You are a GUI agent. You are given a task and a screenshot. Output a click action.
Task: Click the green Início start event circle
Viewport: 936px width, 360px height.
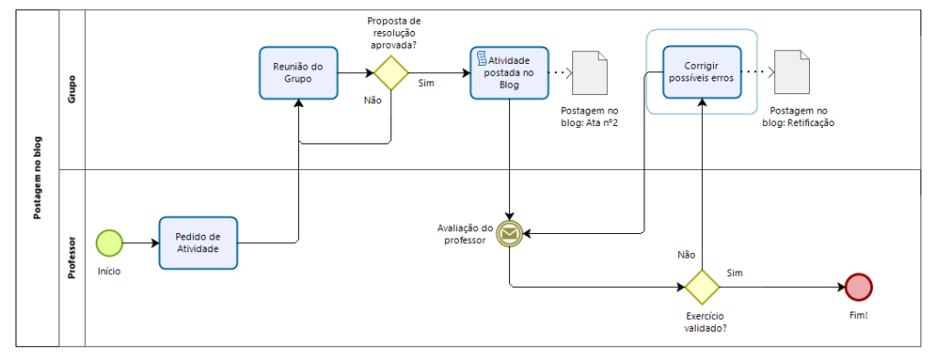tap(110, 242)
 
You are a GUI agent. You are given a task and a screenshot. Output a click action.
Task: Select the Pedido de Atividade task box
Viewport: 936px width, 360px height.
tap(197, 243)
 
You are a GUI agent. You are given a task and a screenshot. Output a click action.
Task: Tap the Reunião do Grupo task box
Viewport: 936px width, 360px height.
tap(299, 72)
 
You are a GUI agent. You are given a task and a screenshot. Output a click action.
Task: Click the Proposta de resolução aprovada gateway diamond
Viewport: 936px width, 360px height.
tap(391, 73)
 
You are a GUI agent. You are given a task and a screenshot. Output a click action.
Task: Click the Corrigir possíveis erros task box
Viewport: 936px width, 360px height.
tap(702, 71)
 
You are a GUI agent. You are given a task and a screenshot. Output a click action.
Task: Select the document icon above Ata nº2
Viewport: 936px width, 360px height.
tap(590, 71)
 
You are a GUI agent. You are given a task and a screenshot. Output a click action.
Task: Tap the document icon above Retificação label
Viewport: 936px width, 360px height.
tap(791, 71)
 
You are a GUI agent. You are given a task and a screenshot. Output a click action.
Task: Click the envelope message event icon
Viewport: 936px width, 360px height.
tap(509, 235)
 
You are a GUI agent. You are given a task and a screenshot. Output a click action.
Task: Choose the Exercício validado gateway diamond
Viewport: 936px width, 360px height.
tap(703, 286)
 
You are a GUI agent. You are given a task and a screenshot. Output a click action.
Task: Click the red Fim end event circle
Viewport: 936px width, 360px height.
tap(859, 287)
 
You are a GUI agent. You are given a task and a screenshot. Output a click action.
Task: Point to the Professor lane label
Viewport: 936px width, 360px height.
tap(70, 257)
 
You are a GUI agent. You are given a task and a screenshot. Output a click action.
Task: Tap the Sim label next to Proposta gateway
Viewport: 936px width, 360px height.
tap(426, 83)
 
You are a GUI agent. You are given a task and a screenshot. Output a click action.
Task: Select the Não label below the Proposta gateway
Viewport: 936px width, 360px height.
tap(373, 101)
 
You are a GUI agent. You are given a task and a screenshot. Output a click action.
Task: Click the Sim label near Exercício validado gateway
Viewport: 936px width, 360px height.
tap(734, 273)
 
